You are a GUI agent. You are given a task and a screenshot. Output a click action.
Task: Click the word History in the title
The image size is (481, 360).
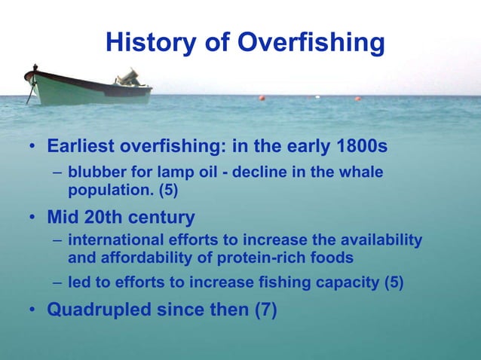pyautogui.click(x=151, y=43)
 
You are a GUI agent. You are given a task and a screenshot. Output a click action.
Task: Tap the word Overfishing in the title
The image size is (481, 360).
pyautogui.click(x=311, y=43)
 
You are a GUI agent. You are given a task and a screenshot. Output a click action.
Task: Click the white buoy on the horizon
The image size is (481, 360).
pyautogui.click(x=317, y=97)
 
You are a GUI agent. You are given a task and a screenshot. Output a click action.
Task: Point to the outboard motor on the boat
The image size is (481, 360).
pyautogui.click(x=128, y=78)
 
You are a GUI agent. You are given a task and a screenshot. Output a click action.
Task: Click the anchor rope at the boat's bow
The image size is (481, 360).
pyautogui.click(x=31, y=91)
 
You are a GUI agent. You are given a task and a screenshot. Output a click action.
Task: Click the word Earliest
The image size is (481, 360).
pyautogui.click(x=81, y=146)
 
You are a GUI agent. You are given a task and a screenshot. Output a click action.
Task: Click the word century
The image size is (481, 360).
pyautogui.click(x=161, y=218)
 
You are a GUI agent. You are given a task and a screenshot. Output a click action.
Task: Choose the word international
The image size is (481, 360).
pyautogui.click(x=115, y=239)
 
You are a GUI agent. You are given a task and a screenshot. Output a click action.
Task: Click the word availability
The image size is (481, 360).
pyautogui.click(x=381, y=240)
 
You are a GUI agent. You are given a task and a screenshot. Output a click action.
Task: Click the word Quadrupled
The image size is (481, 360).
pyautogui.click(x=99, y=310)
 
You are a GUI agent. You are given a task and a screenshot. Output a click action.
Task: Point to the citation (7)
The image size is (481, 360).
pyautogui.click(x=266, y=310)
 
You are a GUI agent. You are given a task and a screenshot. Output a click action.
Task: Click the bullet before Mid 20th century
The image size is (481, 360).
pyautogui.click(x=32, y=217)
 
